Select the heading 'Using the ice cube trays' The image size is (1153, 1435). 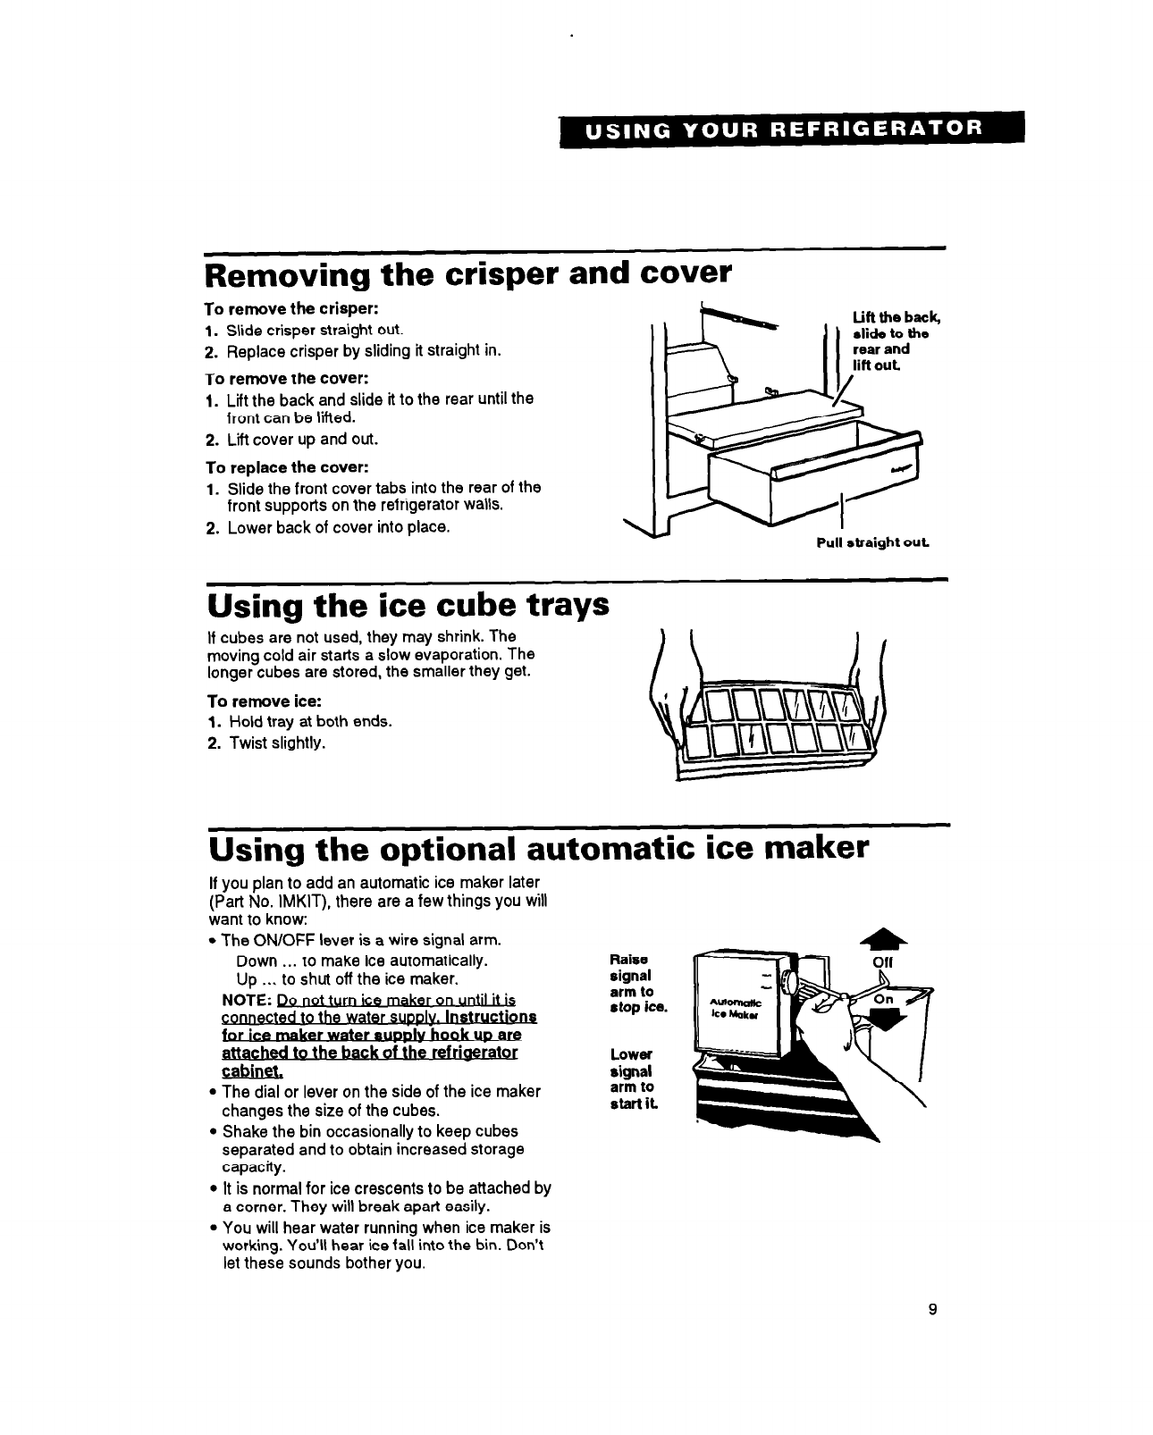(x=408, y=606)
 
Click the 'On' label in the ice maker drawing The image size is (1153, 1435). (x=884, y=1000)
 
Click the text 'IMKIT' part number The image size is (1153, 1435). (x=312, y=901)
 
